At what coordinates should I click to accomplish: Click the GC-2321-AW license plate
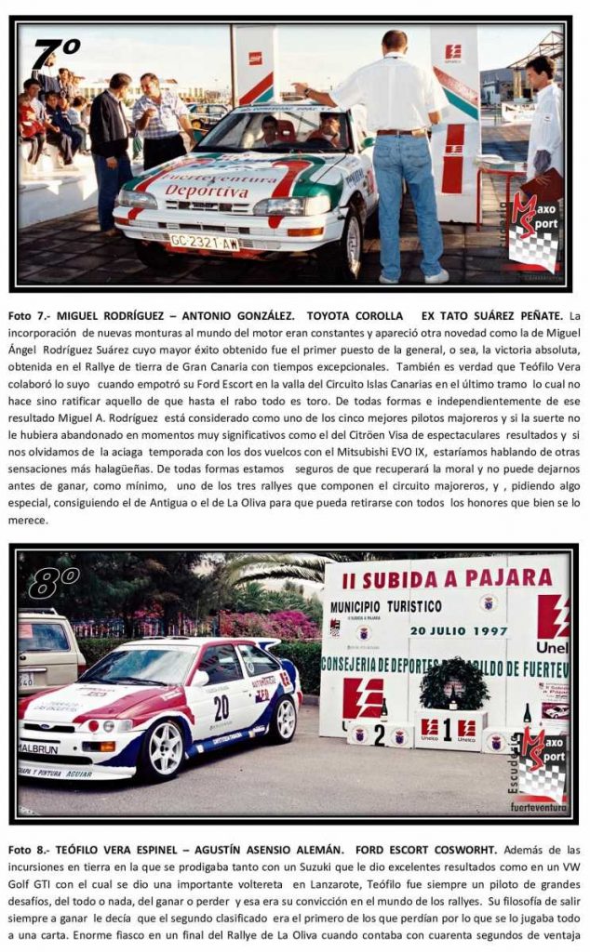(x=203, y=243)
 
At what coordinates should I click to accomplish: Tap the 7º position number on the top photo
(x=56, y=55)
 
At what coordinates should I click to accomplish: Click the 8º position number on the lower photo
(x=54, y=584)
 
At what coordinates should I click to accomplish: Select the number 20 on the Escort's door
(x=221, y=707)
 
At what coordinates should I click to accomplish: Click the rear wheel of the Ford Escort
(x=282, y=720)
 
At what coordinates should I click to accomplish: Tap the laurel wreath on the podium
(x=454, y=685)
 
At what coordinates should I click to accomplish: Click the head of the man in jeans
(x=395, y=42)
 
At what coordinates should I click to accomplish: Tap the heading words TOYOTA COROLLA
(x=355, y=316)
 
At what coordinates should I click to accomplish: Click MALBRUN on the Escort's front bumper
(x=38, y=747)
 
